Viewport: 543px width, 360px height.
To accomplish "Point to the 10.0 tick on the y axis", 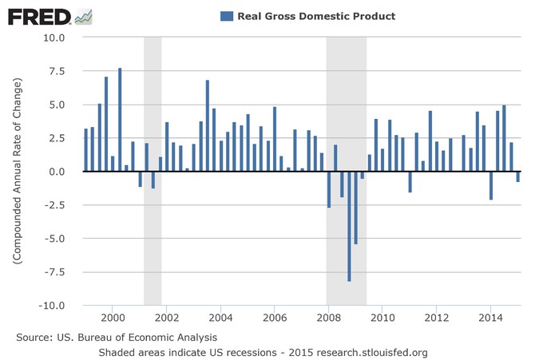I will point(60,38).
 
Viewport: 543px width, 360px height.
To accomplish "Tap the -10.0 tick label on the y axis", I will point(58,306).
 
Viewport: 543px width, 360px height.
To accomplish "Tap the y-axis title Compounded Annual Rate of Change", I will point(17,172).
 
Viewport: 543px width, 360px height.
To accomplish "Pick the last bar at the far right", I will point(518,177).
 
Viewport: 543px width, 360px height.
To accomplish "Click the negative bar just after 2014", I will point(491,186).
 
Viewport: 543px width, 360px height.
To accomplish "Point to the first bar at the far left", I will point(85,150).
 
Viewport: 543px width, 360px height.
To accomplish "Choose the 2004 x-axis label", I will point(220,315).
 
